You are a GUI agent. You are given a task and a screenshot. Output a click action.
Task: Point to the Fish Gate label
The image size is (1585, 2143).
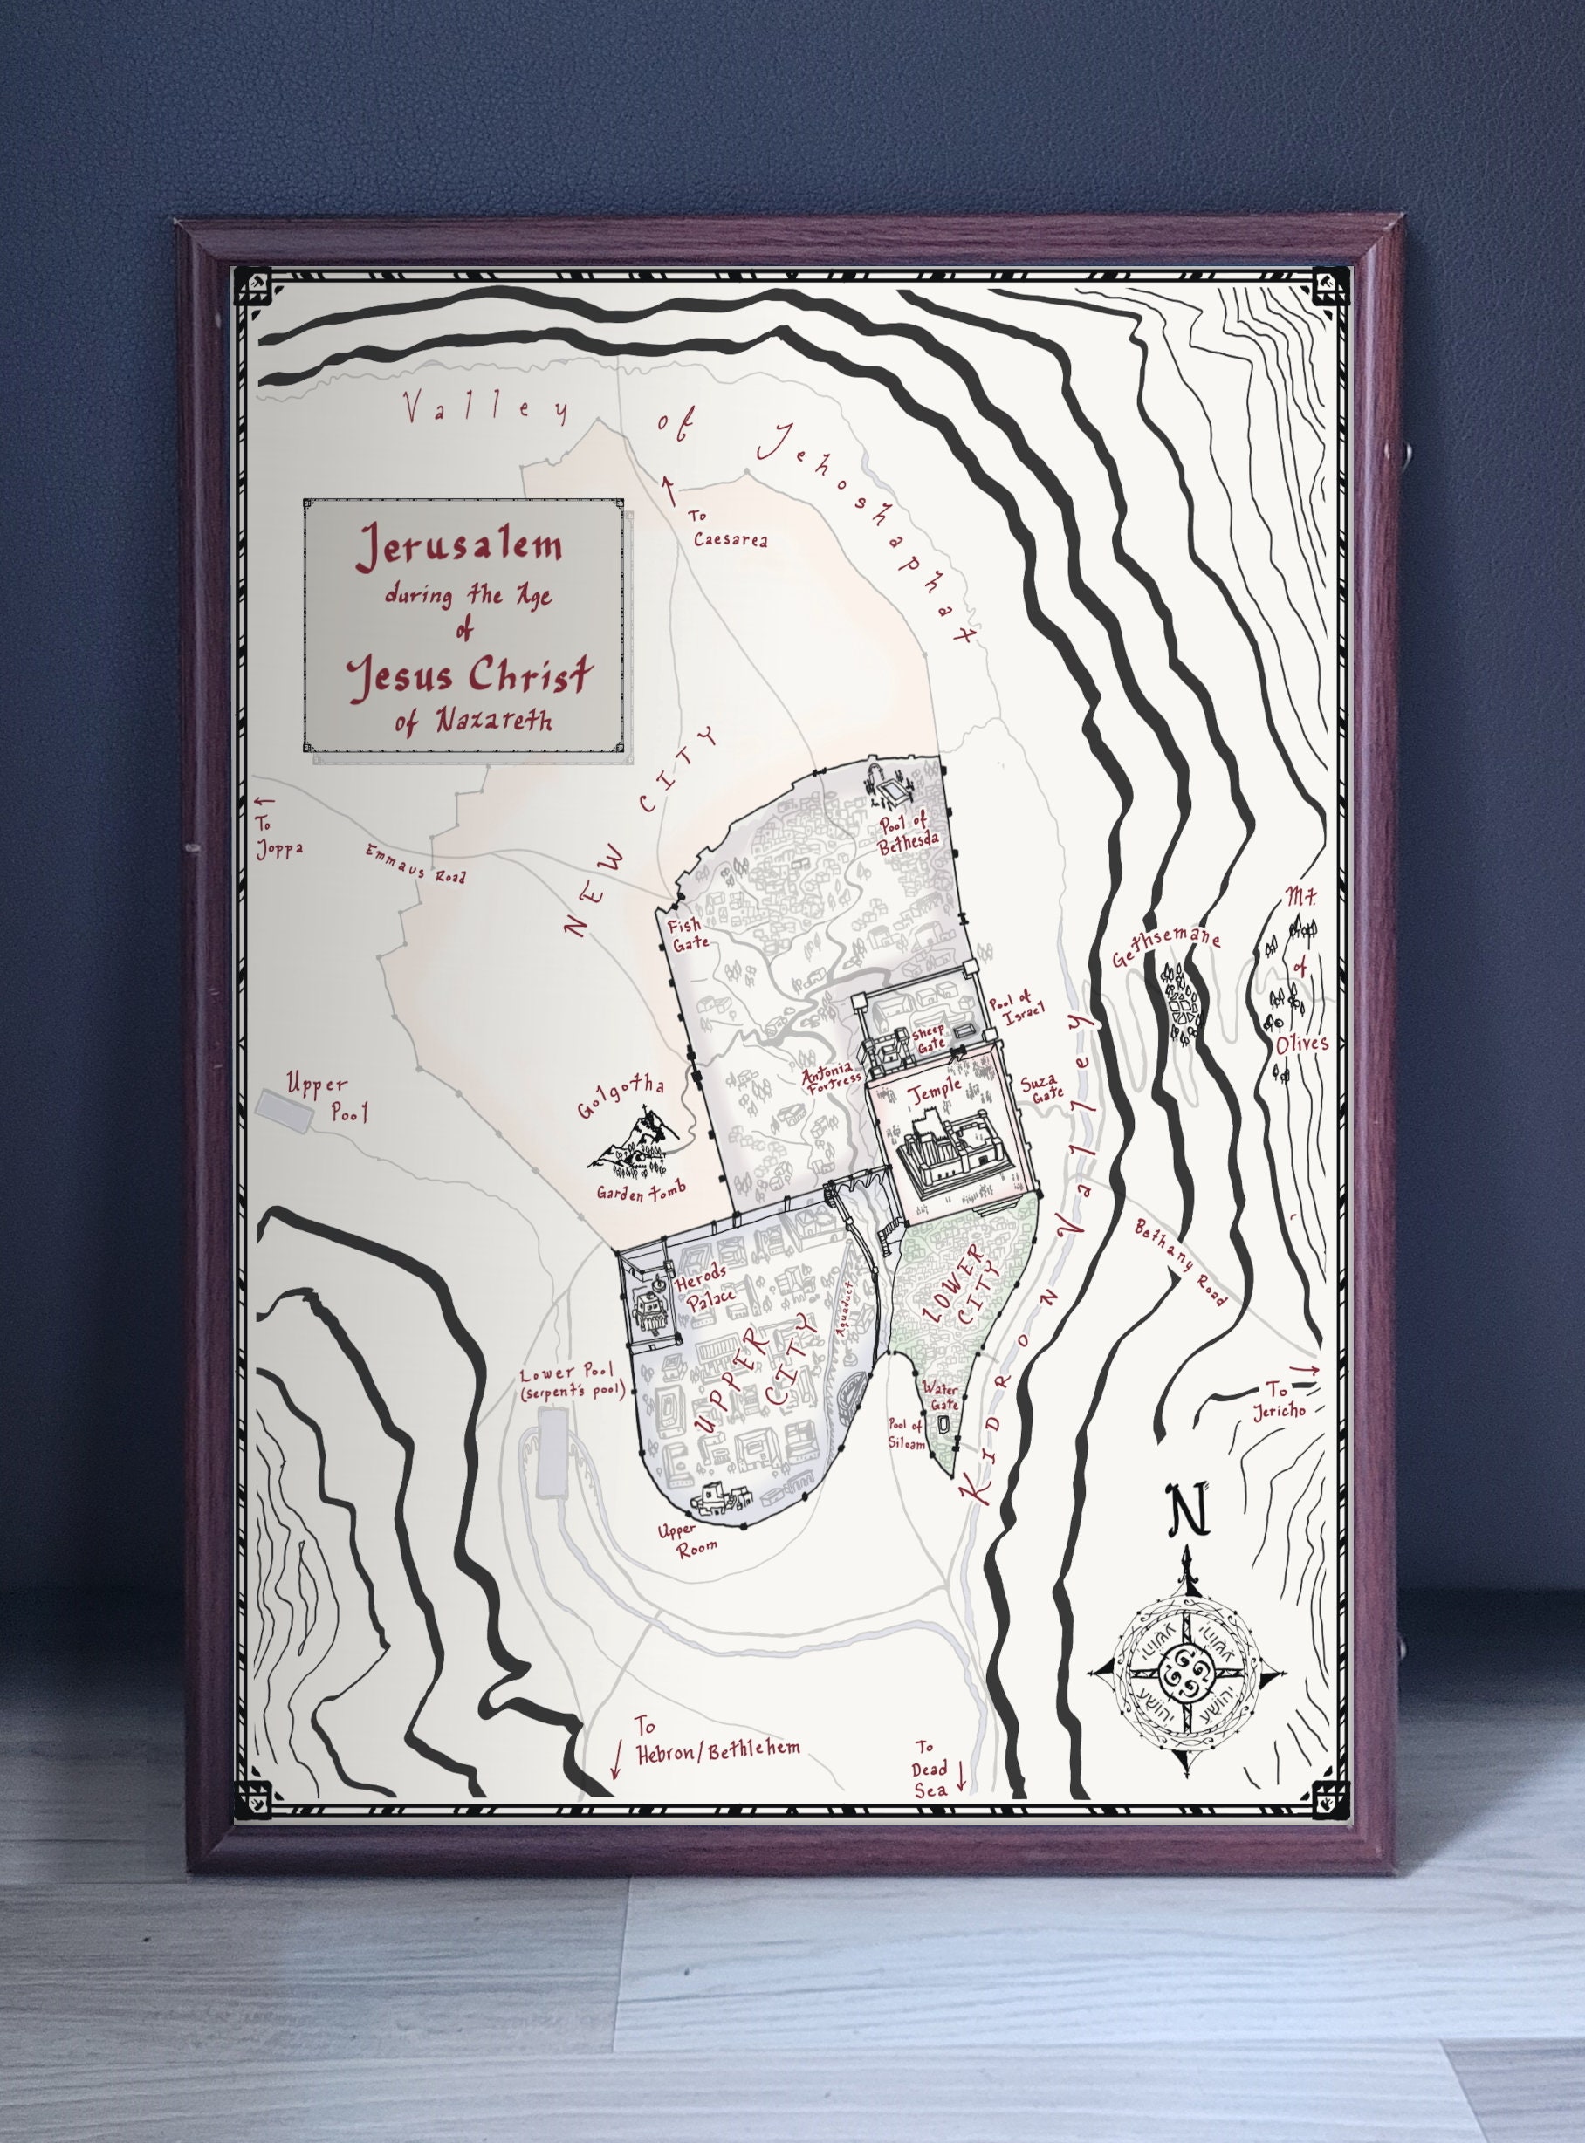689,934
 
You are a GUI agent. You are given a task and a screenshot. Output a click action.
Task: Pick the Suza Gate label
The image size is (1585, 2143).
1042,1088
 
